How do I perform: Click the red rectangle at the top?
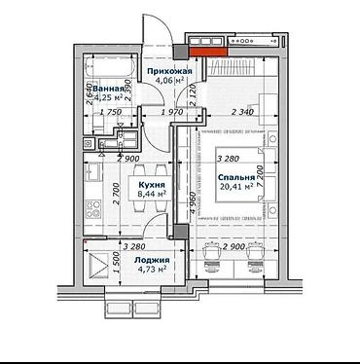click(x=203, y=54)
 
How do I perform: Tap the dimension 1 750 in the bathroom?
click(x=114, y=114)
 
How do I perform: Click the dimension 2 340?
click(x=247, y=114)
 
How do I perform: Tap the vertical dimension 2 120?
click(x=195, y=94)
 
